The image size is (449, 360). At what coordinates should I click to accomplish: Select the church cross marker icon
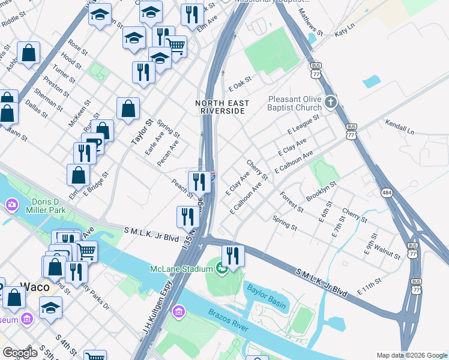pyautogui.click(x=330, y=103)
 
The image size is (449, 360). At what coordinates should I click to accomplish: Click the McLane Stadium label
pyautogui.click(x=181, y=269)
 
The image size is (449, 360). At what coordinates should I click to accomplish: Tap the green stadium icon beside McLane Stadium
pyautogui.click(x=221, y=269)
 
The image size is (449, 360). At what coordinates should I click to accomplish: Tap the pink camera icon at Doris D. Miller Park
pyautogui.click(x=11, y=206)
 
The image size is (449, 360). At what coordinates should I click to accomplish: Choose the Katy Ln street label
pyautogui.click(x=345, y=31)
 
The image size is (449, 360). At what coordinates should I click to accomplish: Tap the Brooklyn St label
pyautogui.click(x=323, y=191)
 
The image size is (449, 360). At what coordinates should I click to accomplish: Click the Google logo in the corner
pyautogui.click(x=20, y=353)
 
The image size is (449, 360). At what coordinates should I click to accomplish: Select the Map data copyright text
pyautogui.click(x=412, y=355)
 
